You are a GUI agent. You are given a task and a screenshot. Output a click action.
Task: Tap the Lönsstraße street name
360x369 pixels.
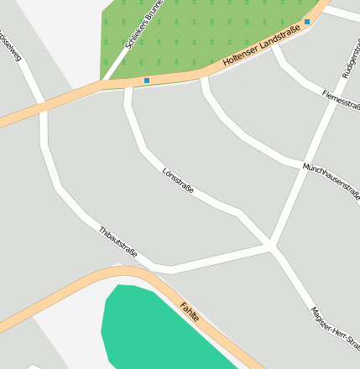[178, 180]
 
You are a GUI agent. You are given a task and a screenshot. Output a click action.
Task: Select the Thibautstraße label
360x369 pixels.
[117, 243]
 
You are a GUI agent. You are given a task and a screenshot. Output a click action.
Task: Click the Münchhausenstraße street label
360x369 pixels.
[331, 181]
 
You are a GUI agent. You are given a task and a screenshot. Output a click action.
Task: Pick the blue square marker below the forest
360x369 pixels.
[147, 81]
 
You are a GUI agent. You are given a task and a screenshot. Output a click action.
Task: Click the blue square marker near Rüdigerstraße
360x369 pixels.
[307, 22]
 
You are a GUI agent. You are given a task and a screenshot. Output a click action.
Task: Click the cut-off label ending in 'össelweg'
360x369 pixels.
[9, 46]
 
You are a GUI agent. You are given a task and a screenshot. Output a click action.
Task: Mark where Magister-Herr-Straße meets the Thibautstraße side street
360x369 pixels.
[270, 247]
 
